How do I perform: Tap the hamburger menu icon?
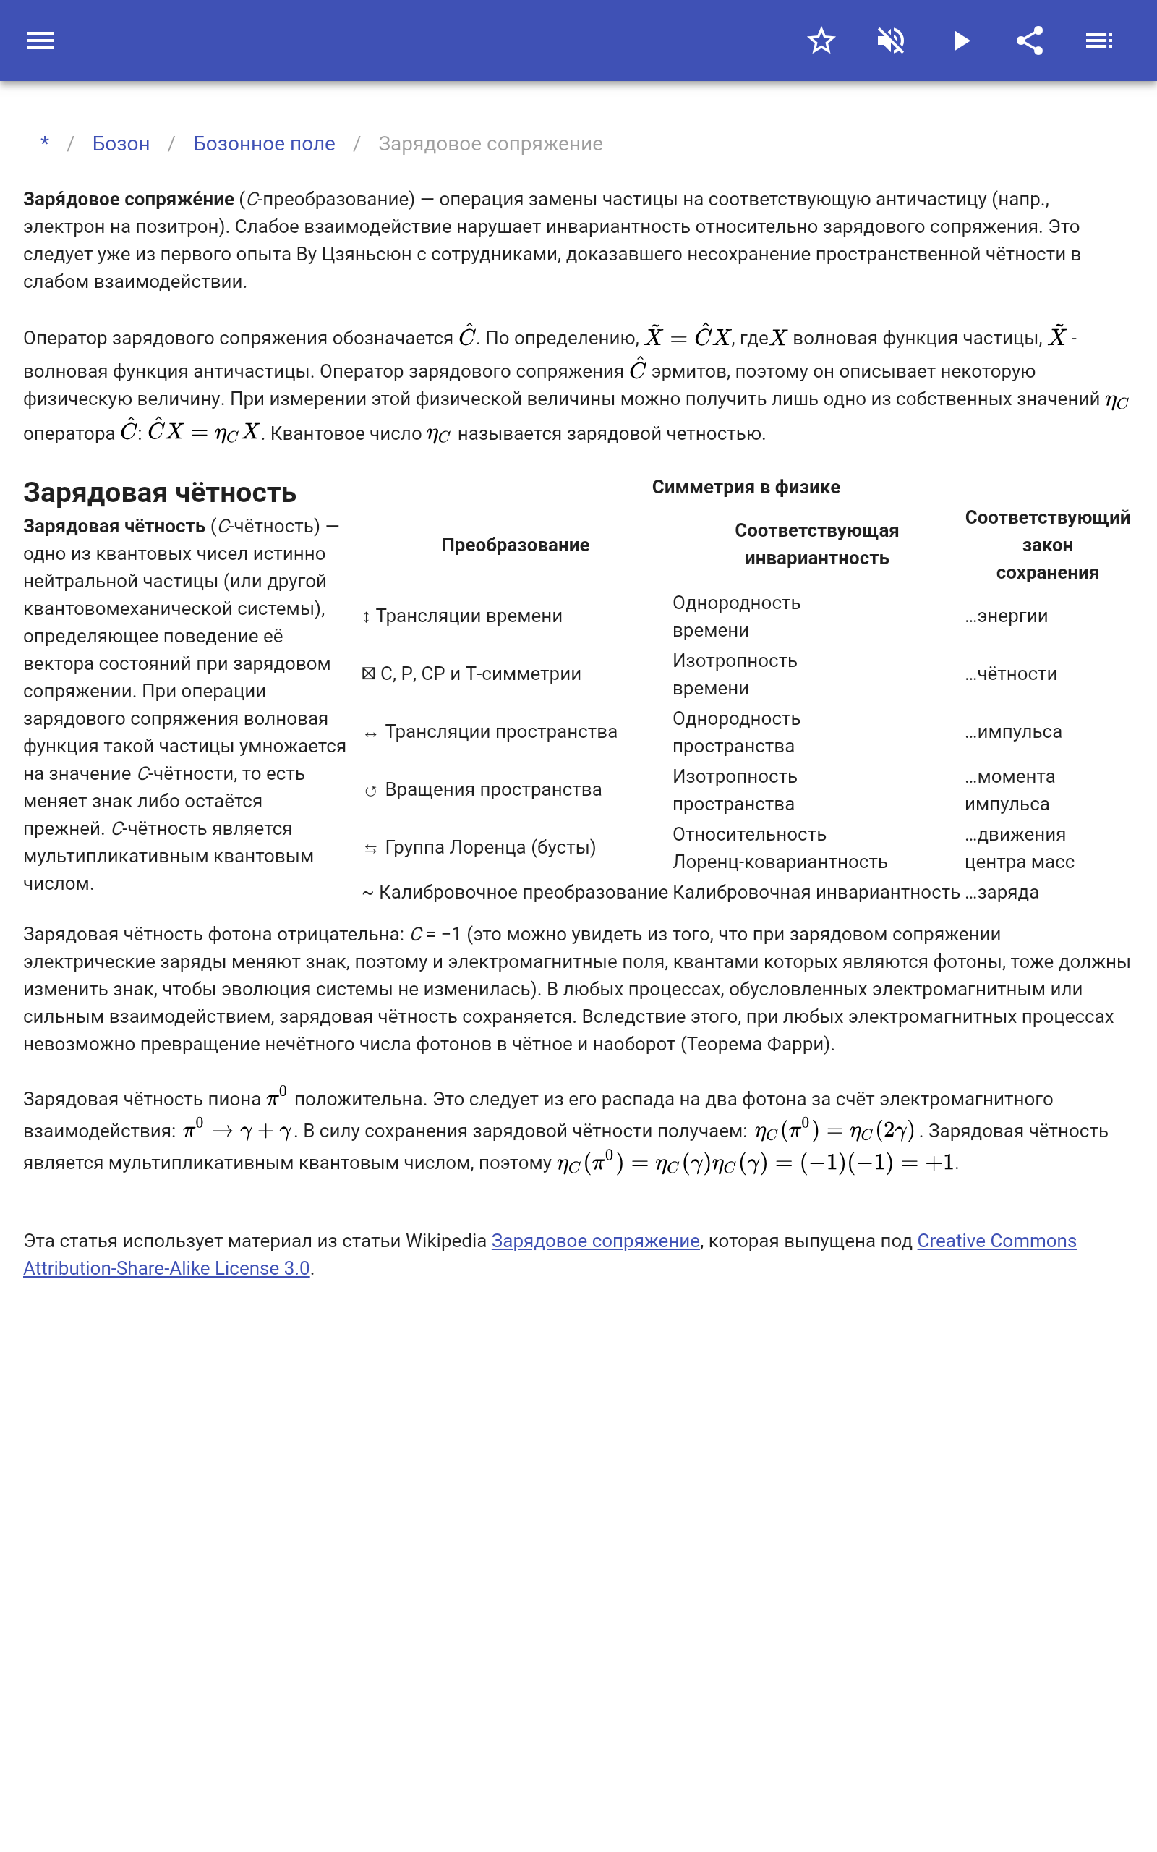point(40,41)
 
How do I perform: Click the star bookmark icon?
point(821,41)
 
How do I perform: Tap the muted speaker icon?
point(891,41)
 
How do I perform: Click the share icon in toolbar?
point(1030,41)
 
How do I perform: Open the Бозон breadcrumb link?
point(121,144)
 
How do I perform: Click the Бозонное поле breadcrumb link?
point(264,144)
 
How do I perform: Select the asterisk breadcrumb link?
point(45,143)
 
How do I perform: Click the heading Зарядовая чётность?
point(159,493)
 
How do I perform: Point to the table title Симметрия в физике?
point(746,488)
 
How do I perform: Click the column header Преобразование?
point(515,545)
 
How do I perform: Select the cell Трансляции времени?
point(469,616)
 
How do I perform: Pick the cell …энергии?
point(1007,616)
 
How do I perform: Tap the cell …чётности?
point(1011,674)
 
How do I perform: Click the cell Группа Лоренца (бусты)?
point(490,847)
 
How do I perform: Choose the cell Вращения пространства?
point(492,790)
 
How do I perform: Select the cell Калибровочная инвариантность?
point(816,892)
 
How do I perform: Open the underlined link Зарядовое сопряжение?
point(595,1241)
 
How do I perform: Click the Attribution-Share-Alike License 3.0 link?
point(166,1268)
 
